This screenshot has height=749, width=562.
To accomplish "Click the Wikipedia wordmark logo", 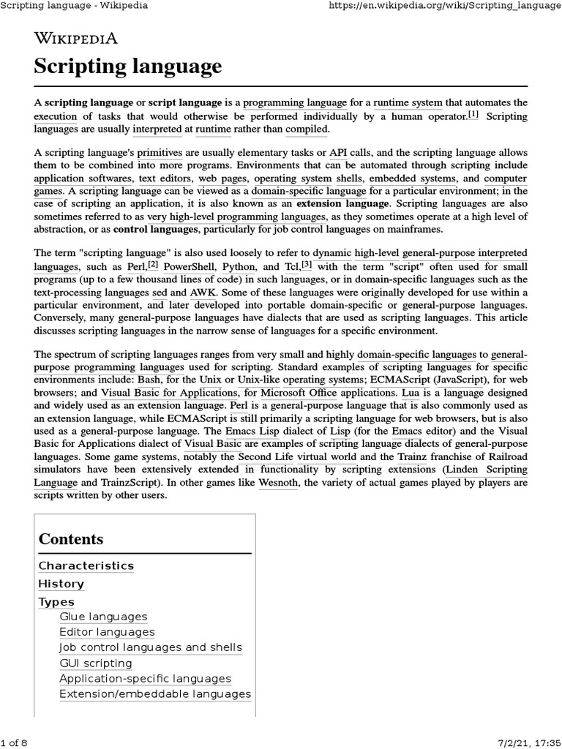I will (75, 39).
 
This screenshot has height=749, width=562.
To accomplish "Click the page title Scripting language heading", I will (127, 67).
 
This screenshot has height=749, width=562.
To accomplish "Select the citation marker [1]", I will (473, 115).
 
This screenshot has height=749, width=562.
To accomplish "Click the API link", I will (338, 153).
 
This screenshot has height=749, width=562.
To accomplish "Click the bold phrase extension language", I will (343, 203).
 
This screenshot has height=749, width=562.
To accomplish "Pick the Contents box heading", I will (71, 539).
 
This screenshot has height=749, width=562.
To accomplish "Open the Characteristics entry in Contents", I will (86, 565).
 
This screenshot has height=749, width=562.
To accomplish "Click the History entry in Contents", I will (61, 584).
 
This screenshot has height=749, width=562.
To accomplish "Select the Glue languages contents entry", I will (103, 617).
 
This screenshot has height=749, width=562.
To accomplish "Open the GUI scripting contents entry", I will (96, 663).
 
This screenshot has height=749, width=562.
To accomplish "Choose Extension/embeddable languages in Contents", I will (155, 694).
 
